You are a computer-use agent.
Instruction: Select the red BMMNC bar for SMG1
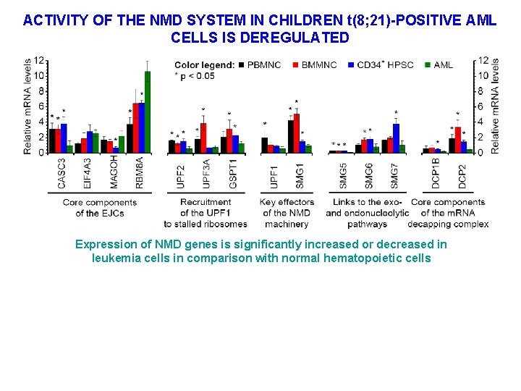[x=297, y=134]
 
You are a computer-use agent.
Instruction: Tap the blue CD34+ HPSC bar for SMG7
[x=396, y=138]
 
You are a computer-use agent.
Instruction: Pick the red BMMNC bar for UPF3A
[x=204, y=138]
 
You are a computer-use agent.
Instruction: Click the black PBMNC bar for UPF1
[x=265, y=146]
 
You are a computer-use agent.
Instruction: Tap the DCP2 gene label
[x=462, y=176]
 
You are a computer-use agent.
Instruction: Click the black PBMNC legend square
[x=241, y=65]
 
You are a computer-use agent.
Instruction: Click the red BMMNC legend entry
[x=315, y=65]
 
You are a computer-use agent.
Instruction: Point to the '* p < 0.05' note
[x=195, y=76]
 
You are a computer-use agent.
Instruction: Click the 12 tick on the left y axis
[x=38, y=60]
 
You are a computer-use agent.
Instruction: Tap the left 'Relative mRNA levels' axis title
[x=27, y=106]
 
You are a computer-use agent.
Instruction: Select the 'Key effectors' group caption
[x=287, y=202]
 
